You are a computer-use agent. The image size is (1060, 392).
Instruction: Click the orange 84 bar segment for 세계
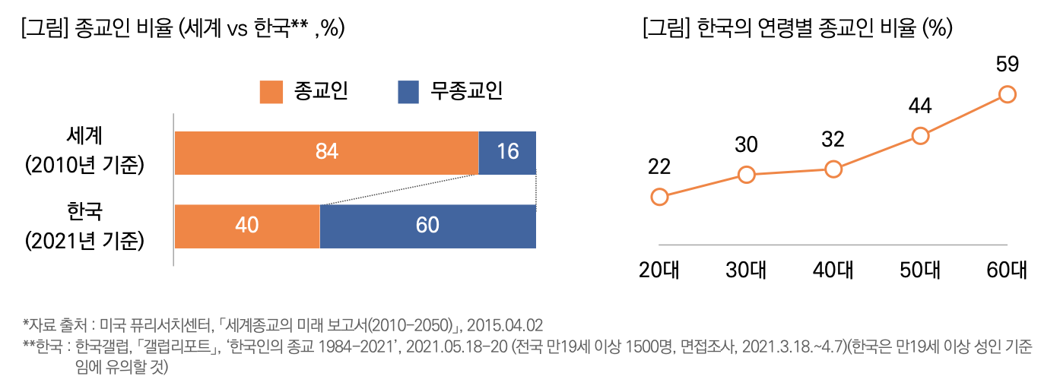tap(327, 153)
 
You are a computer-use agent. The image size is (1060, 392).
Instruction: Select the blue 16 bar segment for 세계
tap(507, 153)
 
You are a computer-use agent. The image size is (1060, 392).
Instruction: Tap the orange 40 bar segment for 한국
tap(247, 226)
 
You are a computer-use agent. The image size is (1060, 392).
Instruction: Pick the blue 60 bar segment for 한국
tap(427, 226)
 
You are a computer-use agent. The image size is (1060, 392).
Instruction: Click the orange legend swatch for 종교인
tap(271, 92)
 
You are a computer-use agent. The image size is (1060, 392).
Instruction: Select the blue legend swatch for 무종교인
tap(408, 92)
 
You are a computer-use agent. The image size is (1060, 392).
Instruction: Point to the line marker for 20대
tap(660, 198)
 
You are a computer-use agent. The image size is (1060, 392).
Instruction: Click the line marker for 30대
tap(747, 175)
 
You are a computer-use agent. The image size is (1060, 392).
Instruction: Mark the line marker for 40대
tap(833, 169)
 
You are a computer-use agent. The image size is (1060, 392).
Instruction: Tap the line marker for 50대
tap(920, 136)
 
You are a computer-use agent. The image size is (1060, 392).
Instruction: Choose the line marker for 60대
tap(1008, 94)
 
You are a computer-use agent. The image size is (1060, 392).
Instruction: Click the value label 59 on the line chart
tap(1007, 65)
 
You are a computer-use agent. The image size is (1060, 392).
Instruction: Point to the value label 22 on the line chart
tap(659, 167)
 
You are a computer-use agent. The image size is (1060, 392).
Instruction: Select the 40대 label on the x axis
tap(833, 270)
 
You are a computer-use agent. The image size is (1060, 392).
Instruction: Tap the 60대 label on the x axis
tap(1007, 270)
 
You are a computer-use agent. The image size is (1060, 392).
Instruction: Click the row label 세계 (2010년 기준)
tap(84, 150)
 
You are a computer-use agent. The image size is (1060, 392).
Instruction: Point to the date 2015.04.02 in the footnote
tap(505, 325)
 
